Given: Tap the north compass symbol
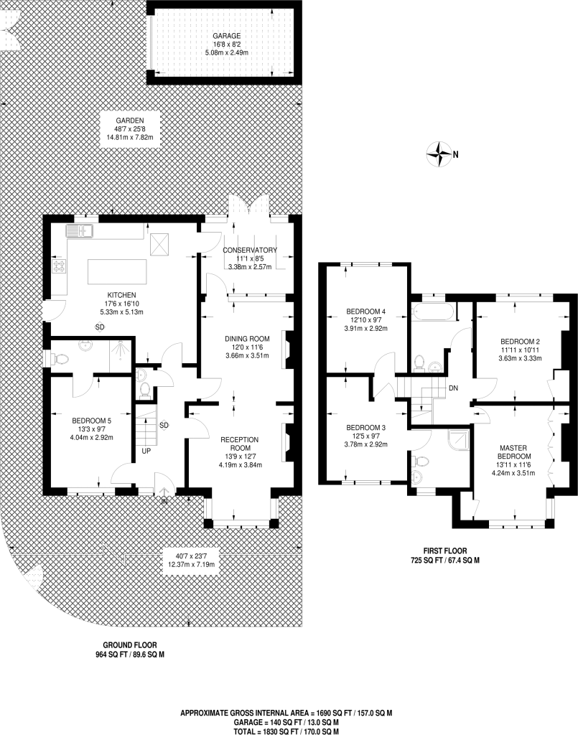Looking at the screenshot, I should point(437,153).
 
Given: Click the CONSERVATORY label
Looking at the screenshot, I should point(249,250).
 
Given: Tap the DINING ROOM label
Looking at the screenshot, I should point(246,338).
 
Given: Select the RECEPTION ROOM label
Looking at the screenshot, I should point(239,444).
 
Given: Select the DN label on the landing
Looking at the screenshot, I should point(452,388).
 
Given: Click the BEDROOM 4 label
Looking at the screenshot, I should point(366,312).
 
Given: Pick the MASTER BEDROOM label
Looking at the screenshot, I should point(515,451).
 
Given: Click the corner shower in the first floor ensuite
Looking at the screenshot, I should point(458,439).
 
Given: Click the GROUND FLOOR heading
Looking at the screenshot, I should point(129,645).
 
